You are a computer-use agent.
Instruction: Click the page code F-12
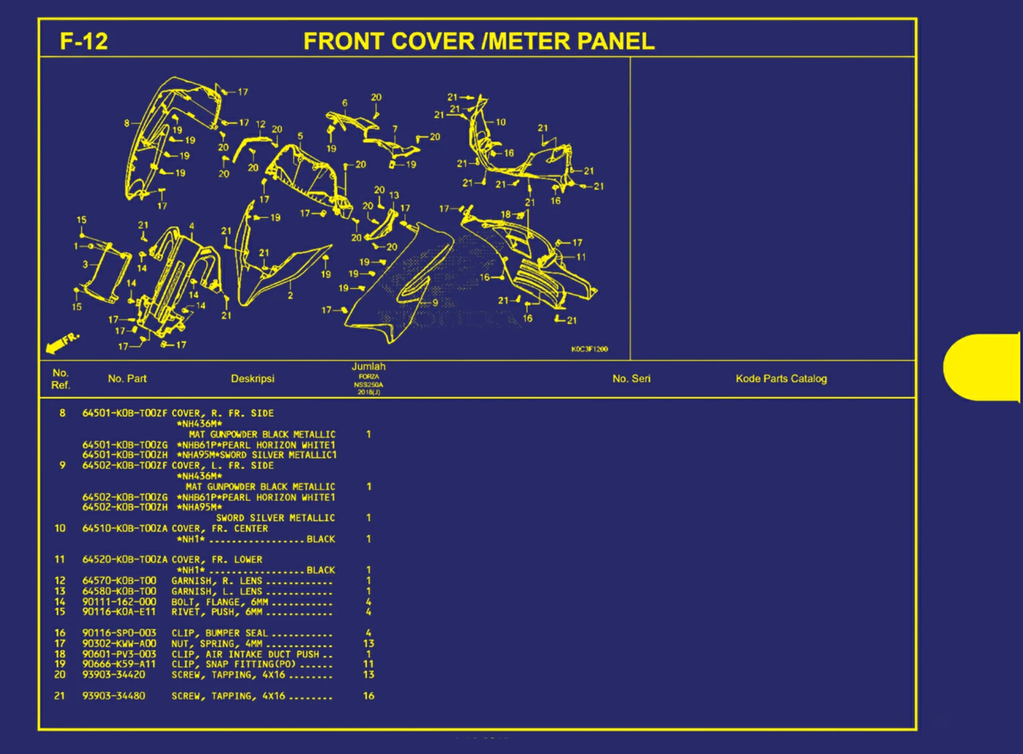(84, 41)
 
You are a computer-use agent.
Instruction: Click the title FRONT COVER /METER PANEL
(479, 41)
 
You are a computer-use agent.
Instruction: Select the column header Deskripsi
(252, 379)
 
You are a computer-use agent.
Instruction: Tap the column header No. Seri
(631, 379)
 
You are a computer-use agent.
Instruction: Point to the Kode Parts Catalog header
(781, 379)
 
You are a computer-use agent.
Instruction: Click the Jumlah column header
(368, 367)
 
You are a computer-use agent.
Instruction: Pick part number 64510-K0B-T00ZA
(125, 529)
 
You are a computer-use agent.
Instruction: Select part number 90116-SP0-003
(119, 633)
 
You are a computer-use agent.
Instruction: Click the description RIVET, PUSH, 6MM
(217, 611)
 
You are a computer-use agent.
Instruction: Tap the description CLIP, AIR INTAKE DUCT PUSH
(245, 654)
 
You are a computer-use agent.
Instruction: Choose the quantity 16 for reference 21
(368, 696)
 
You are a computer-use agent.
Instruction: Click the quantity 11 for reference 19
(368, 664)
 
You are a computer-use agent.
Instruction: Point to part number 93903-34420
(114, 674)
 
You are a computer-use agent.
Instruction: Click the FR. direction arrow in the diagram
(62, 343)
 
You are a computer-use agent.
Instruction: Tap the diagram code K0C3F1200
(589, 349)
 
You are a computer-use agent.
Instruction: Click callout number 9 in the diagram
(435, 302)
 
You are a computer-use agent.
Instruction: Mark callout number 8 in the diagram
(127, 123)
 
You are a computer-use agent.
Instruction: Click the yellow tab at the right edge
(982, 367)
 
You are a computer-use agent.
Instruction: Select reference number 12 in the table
(60, 581)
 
